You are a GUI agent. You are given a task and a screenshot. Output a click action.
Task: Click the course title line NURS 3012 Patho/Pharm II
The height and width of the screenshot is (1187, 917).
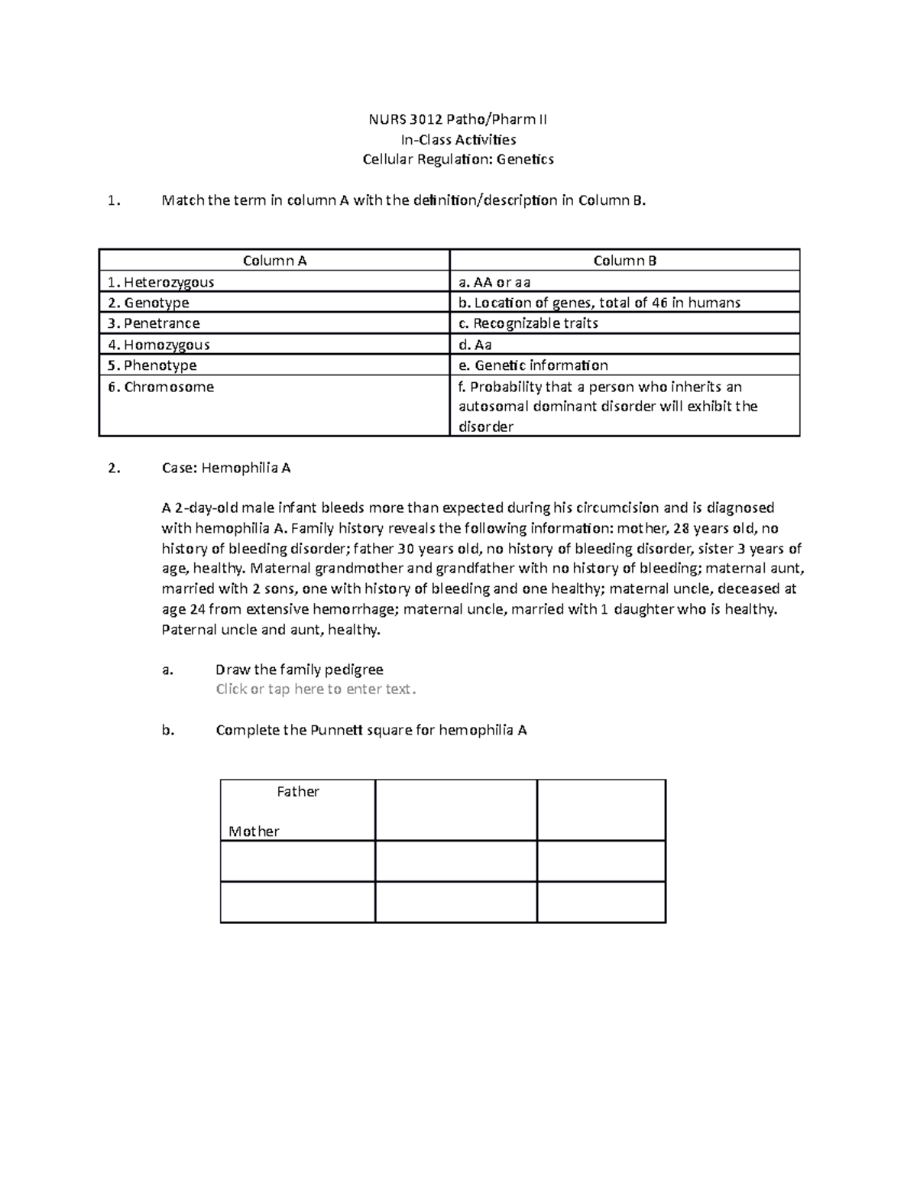(x=458, y=119)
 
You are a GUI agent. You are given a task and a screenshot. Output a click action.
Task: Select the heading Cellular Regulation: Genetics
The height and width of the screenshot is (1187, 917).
(x=458, y=159)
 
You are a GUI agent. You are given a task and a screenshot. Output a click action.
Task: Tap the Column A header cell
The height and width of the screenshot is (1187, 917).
(x=274, y=261)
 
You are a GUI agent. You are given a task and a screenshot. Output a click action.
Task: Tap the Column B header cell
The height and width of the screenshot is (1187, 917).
(x=624, y=261)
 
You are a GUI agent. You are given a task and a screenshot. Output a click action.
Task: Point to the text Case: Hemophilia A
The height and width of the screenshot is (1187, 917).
(x=226, y=468)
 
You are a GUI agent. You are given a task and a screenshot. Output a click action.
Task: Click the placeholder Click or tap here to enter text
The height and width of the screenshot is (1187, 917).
(x=316, y=689)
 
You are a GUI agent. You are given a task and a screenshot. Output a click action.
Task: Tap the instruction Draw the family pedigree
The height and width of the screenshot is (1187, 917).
(x=300, y=670)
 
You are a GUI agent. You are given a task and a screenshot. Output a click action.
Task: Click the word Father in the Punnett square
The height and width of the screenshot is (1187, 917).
(x=298, y=792)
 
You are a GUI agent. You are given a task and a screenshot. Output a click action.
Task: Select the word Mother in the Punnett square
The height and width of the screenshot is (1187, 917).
(x=254, y=832)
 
